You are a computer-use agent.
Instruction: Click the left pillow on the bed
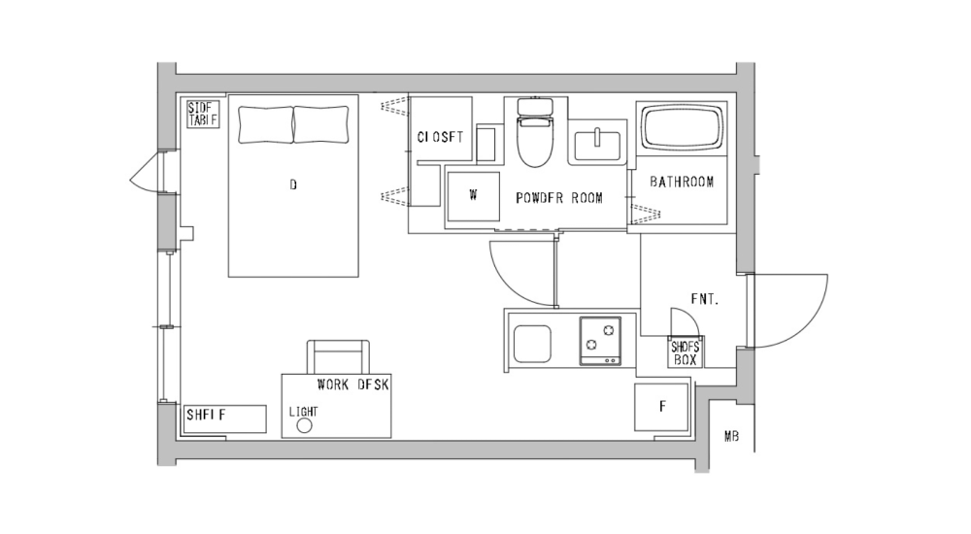(x=265, y=124)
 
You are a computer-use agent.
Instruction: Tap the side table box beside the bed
(x=204, y=114)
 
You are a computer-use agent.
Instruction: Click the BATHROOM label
(x=682, y=182)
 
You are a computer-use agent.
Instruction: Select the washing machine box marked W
(x=473, y=195)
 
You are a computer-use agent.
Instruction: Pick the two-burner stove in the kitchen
(x=601, y=341)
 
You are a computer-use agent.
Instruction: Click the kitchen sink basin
(x=532, y=344)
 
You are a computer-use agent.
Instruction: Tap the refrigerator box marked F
(x=662, y=407)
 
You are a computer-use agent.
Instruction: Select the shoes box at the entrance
(x=685, y=352)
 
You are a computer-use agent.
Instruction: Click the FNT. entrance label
(x=704, y=299)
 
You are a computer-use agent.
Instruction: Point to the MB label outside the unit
(x=731, y=437)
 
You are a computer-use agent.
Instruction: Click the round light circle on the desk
(x=303, y=425)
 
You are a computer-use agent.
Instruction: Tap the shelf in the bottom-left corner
(x=225, y=418)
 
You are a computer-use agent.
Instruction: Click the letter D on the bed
(x=293, y=184)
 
